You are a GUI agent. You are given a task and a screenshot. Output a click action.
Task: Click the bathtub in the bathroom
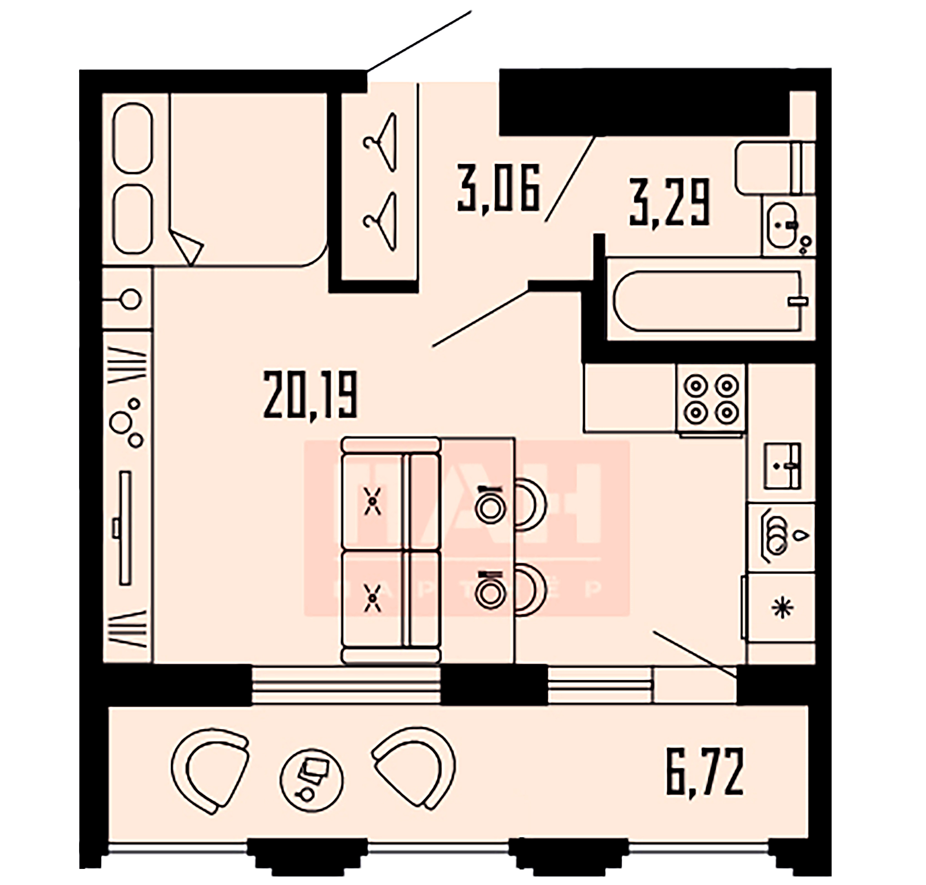point(708,301)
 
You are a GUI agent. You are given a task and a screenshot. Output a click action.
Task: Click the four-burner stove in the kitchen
point(711,399)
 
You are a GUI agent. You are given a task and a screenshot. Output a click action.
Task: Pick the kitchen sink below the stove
point(782,466)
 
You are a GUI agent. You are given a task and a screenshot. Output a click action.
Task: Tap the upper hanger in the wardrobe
point(382,142)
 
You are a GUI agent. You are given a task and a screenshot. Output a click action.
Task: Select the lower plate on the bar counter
point(490,593)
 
